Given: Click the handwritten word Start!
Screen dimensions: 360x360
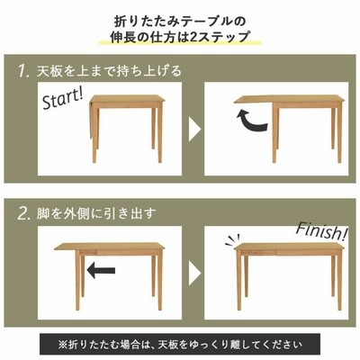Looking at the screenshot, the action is pyautogui.click(x=62, y=98).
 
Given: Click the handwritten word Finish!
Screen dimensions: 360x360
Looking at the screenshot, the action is pyautogui.click(x=322, y=231).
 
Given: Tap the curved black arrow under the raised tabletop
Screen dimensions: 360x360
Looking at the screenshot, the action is pyautogui.click(x=250, y=121).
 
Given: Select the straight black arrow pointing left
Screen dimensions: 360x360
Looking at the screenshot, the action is pyautogui.click(x=101, y=270).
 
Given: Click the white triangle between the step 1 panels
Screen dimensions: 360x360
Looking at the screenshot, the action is pyautogui.click(x=194, y=130).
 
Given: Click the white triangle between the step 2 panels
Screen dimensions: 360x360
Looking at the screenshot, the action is pyautogui.click(x=194, y=274).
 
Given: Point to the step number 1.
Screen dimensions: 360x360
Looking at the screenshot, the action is pyautogui.click(x=23, y=72).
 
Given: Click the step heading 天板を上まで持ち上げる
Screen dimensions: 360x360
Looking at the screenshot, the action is pyautogui.click(x=109, y=71).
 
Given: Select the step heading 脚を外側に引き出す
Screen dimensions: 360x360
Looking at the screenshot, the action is pyautogui.click(x=96, y=213).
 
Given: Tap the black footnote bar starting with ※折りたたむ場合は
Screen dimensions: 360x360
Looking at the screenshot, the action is pyautogui.click(x=180, y=344).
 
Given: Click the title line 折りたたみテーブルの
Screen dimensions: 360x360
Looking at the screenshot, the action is pyautogui.click(x=180, y=22).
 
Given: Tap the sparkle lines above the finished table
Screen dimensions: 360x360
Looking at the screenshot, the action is pyautogui.click(x=232, y=239).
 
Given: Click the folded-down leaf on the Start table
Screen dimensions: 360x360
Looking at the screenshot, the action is pyautogui.click(x=90, y=120).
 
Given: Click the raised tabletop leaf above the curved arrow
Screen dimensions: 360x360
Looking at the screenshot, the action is pyautogui.click(x=254, y=100).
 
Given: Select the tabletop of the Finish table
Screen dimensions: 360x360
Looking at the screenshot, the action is pyautogui.click(x=289, y=247).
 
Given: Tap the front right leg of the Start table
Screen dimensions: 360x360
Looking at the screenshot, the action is pyautogui.click(x=160, y=134).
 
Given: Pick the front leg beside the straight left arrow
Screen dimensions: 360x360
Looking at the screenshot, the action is pyautogui.click(x=78, y=281).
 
